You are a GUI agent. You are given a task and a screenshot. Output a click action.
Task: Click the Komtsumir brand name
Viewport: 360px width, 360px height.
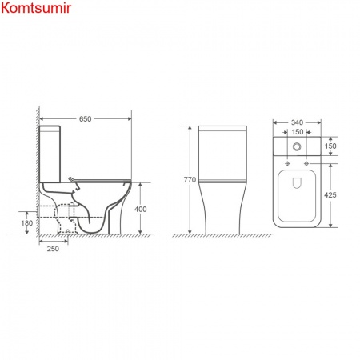pos(36,7)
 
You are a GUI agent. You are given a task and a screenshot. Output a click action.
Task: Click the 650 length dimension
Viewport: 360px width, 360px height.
pos(86,119)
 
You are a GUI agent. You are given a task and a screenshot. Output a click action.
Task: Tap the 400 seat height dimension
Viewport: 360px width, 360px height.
pos(140,210)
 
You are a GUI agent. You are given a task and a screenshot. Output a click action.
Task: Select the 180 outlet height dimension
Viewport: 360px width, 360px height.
pos(27,223)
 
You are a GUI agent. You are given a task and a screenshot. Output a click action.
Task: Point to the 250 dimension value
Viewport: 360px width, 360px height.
pos(53,249)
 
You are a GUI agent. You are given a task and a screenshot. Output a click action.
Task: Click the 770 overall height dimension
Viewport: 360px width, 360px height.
pos(190,180)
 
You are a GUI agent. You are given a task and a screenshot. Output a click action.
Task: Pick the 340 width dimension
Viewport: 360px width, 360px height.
pos(297,122)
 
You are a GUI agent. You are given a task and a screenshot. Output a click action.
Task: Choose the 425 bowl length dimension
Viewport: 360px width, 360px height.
pos(330,195)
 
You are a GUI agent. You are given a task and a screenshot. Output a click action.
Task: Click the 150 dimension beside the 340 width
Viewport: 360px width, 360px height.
pos(298,132)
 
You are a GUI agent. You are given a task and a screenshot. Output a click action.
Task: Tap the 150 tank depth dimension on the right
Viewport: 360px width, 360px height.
pos(330,146)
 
